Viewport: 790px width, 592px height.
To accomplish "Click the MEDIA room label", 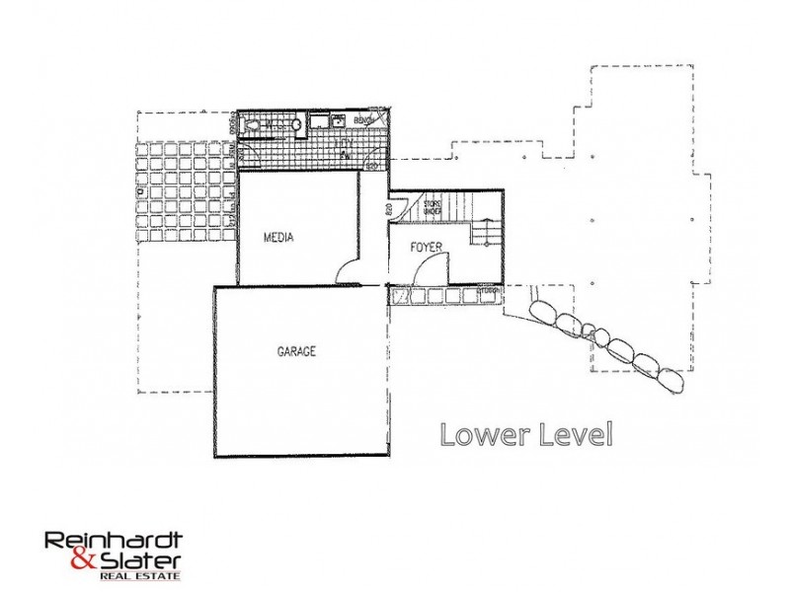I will (280, 239).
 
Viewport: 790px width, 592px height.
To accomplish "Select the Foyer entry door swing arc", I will (436, 266).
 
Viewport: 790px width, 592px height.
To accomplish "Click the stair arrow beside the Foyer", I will (481, 236).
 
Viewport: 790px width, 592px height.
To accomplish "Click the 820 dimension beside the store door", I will (389, 209).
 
